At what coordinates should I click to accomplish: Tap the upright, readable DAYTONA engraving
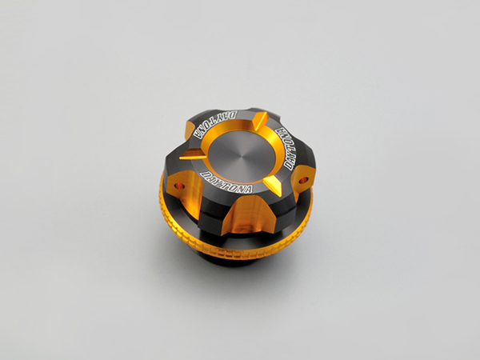(226, 182)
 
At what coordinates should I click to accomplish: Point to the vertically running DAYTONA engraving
(285, 148)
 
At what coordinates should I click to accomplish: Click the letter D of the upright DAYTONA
(204, 174)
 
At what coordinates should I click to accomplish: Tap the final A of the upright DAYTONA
(249, 190)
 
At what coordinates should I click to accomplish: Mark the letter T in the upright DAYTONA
(226, 182)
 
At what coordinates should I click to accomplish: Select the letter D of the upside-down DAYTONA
(233, 115)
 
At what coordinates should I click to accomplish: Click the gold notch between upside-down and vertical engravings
(260, 120)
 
